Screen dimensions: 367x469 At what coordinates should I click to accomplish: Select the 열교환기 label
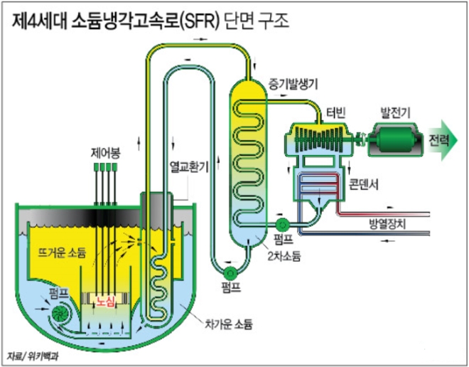(x=188, y=168)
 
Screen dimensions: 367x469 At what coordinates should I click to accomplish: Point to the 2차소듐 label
(x=284, y=255)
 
